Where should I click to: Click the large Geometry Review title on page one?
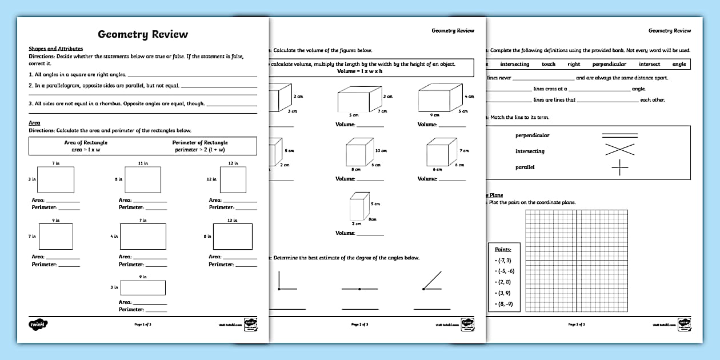[x=143, y=34]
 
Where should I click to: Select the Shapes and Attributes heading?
[x=55, y=49]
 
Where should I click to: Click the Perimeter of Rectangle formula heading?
[x=199, y=142]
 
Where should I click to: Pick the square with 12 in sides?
[x=233, y=179]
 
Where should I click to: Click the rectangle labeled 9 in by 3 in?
[x=143, y=287]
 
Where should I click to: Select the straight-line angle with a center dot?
[x=359, y=289]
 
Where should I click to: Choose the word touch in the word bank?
[x=549, y=65]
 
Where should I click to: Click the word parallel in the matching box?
[x=525, y=167]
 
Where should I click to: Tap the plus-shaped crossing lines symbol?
[x=619, y=167]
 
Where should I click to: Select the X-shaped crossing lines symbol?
[x=619, y=150]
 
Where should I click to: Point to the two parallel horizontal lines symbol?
[x=619, y=135]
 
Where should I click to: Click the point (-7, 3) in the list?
[x=505, y=260]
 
